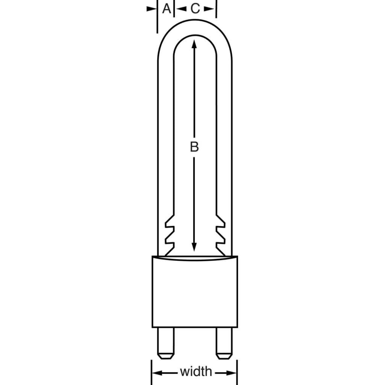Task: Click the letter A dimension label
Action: (166, 8)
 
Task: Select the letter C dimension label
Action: (195, 8)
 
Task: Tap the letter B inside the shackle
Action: (194, 147)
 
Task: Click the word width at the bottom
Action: (196, 372)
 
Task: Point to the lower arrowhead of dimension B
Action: (194, 247)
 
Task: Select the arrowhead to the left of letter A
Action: (152, 9)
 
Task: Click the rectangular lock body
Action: (194, 293)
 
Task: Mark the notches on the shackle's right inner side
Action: (220, 235)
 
